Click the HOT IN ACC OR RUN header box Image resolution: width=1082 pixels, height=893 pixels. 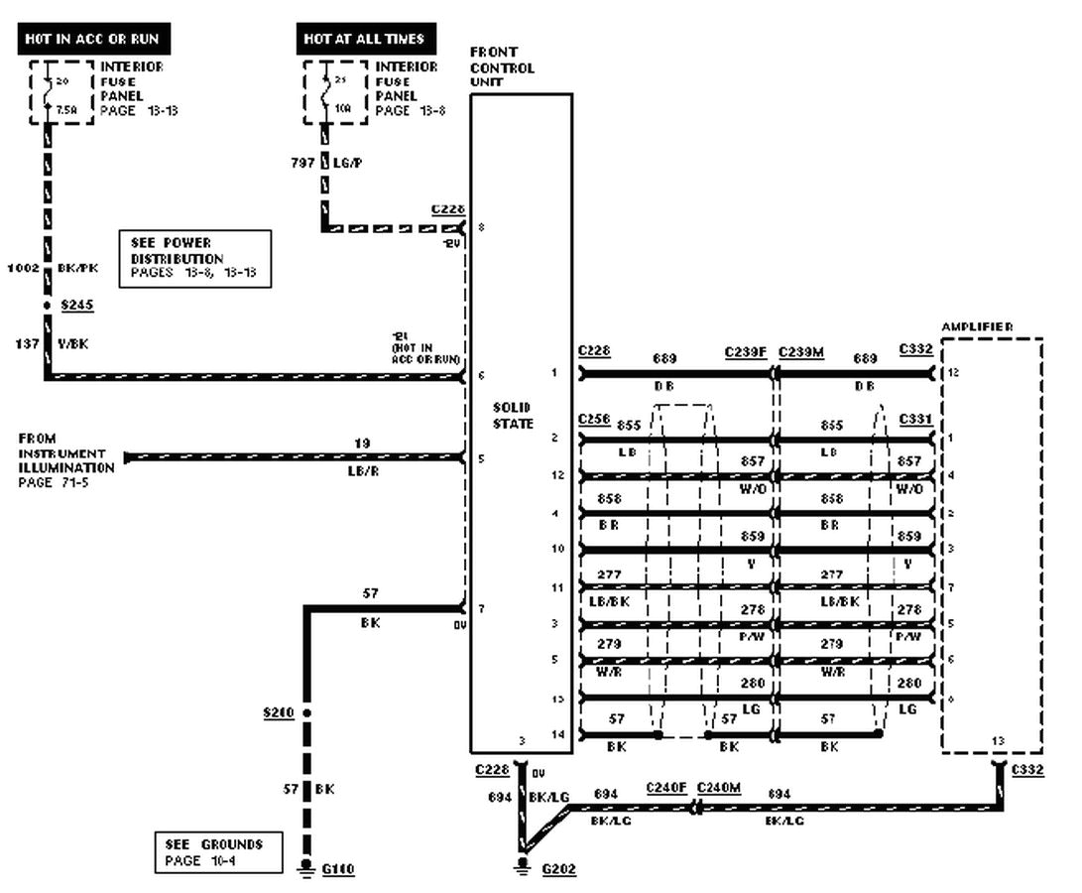pos(92,39)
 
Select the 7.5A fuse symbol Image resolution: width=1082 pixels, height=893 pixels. pos(48,94)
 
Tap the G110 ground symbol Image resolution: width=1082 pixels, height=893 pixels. pos(306,868)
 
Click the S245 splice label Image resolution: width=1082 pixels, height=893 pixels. pos(76,306)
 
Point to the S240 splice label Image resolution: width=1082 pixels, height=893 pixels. pos(279,712)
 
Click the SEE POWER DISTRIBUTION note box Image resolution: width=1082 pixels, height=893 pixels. pos(194,258)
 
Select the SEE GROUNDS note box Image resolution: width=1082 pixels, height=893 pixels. pos(217,852)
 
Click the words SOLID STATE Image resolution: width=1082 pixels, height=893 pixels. pos(513,416)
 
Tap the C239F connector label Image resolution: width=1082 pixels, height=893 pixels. pos(746,351)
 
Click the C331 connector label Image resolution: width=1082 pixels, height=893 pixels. pos(915,420)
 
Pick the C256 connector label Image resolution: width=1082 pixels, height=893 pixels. pos(594,420)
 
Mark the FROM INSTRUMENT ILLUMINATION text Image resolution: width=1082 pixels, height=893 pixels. pos(65,459)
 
